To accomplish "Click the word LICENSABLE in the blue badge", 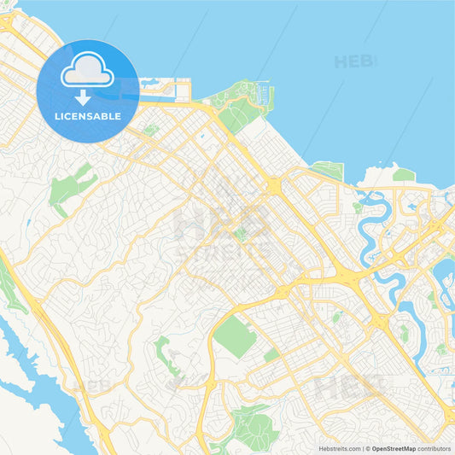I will tap(89, 116).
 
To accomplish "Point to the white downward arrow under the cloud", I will tap(83, 97).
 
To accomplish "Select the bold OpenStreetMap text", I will tap(393, 447).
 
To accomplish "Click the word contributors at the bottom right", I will tap(434, 447).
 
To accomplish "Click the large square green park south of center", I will tap(234, 335).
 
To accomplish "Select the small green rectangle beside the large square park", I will tap(271, 354).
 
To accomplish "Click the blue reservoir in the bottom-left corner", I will tap(43, 393).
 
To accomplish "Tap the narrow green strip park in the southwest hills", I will tap(166, 354).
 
